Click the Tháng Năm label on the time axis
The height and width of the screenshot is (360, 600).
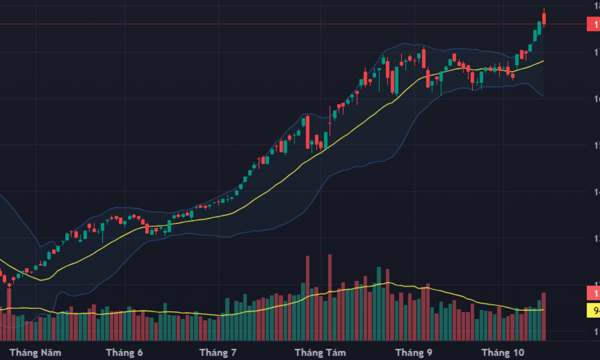coord(35,353)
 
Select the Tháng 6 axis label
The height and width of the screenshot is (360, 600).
coord(124,353)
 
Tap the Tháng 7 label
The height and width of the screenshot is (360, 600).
coord(218,353)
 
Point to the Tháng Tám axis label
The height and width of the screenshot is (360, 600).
coord(320,353)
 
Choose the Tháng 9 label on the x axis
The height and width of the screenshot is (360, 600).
coord(414,353)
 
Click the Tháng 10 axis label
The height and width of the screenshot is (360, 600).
coord(503,353)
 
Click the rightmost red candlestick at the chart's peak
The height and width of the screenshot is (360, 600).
coord(544,18)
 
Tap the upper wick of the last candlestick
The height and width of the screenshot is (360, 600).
coord(544,10)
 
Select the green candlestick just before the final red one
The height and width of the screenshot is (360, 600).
coord(539,27)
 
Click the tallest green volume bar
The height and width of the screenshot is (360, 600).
coord(378,303)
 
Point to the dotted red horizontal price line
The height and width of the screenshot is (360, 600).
coord(286,24)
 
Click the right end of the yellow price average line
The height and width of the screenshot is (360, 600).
coord(543,61)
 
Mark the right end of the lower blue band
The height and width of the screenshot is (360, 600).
coord(543,95)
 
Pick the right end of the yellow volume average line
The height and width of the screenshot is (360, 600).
coord(543,310)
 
